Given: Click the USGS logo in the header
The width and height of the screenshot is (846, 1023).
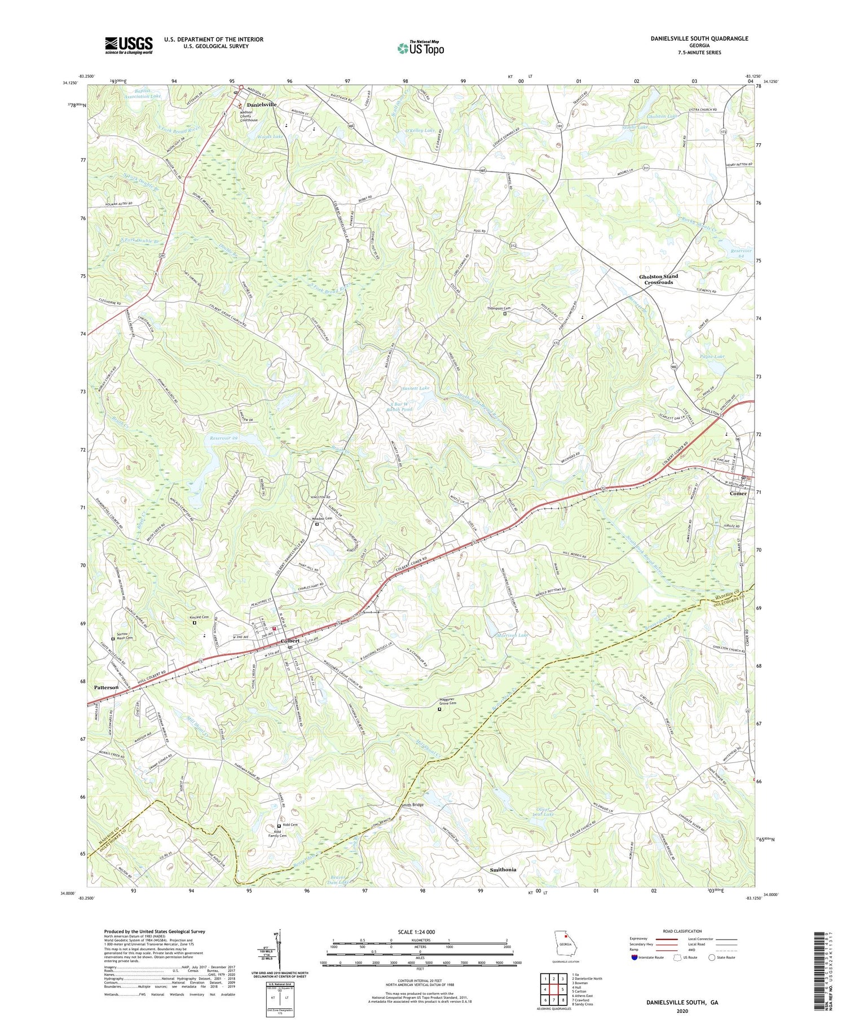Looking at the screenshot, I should point(129,45).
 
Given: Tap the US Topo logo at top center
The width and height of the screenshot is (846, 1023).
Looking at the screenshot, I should point(421,49).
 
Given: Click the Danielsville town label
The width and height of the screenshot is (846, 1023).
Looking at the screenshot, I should point(261,105).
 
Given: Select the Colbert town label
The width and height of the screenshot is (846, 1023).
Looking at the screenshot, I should point(290,640).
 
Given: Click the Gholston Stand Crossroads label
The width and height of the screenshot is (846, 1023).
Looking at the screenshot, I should point(658,279).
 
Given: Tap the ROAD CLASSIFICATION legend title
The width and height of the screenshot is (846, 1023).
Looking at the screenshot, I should point(682,931).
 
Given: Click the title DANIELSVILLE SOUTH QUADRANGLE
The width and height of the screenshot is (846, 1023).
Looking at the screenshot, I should point(699,38).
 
